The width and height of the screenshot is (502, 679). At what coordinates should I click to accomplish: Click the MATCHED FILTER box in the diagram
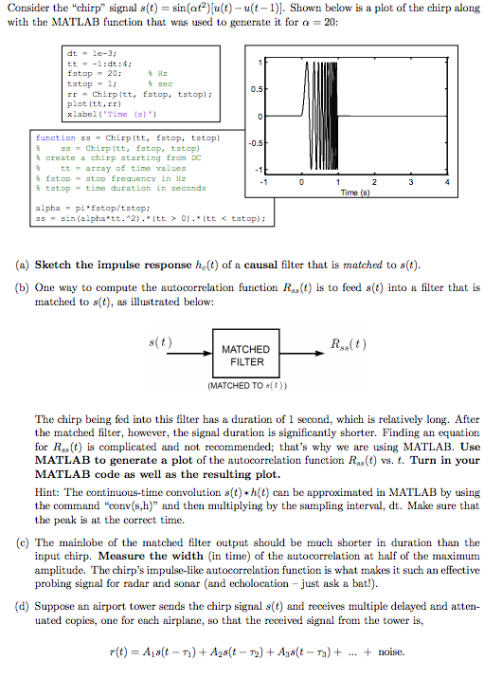245,356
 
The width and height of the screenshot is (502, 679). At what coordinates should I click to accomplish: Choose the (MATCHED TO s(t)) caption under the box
245,387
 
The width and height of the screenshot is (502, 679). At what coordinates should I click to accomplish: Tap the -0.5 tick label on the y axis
245,143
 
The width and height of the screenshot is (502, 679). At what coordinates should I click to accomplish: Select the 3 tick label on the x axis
410,181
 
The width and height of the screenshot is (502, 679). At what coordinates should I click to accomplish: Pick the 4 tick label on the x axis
447,181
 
